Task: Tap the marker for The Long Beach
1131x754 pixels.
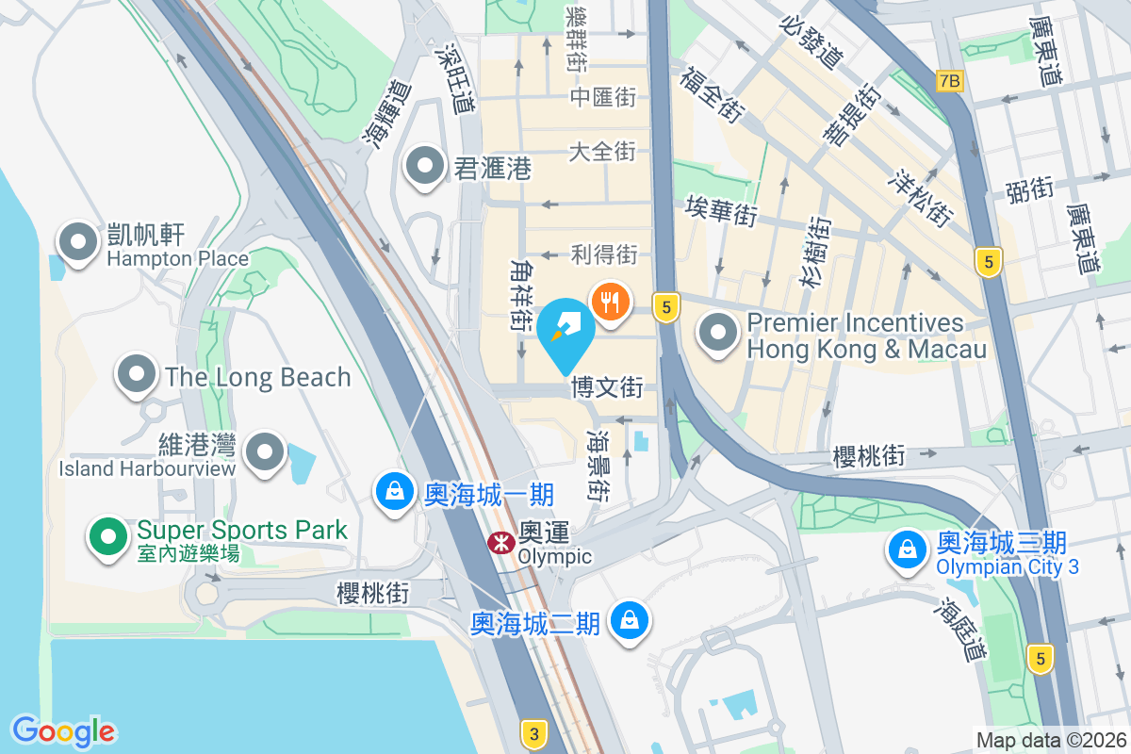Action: pos(138,374)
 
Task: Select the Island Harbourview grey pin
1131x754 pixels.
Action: pos(266,453)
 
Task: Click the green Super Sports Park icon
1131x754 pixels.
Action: pos(109,537)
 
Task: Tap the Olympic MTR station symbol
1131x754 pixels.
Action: pos(499,543)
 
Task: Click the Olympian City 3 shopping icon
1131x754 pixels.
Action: pos(908,551)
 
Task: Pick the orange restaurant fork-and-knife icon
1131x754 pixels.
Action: pos(611,303)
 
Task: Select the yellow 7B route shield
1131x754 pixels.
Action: pos(950,81)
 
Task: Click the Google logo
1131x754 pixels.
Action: pos(63,730)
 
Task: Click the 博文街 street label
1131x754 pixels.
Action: pos(607,387)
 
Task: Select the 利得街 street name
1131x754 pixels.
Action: pos(604,254)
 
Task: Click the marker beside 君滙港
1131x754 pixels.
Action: pos(425,168)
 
